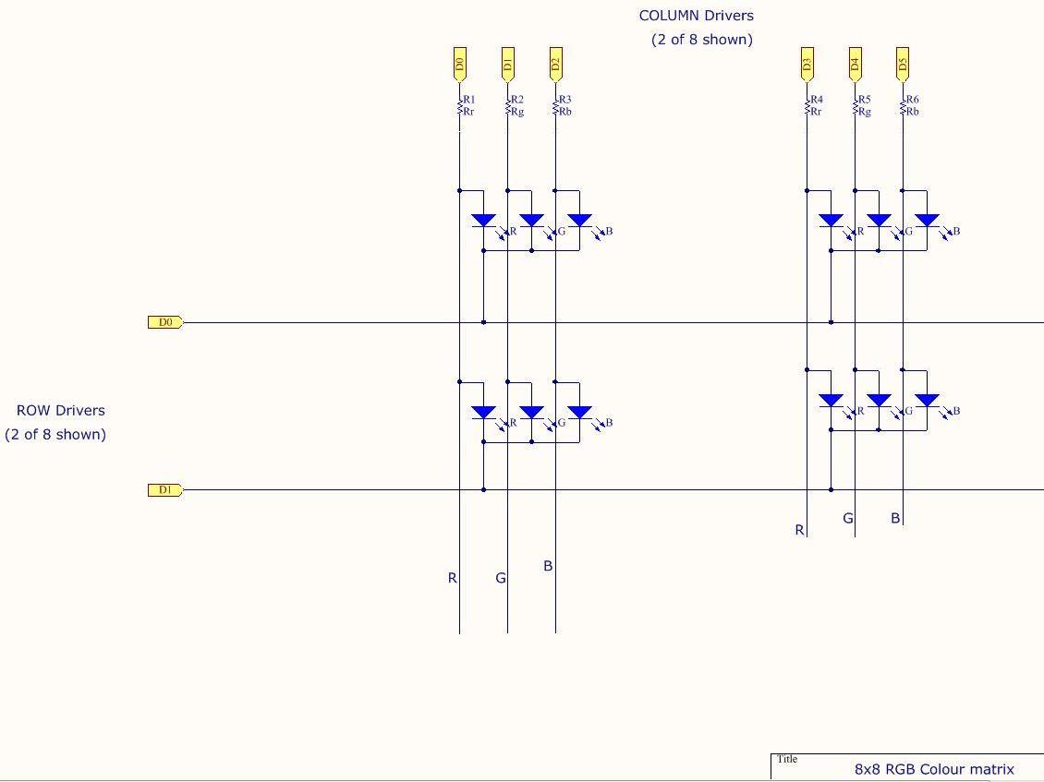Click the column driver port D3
[807, 64]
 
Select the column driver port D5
[903, 64]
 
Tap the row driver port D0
[165, 322]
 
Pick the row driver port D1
[165, 489]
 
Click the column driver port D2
[555, 64]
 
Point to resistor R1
[460, 106]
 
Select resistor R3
[556, 106]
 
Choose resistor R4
[807, 106]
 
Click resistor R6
[904, 106]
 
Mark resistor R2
[508, 106]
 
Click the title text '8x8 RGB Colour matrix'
[934, 769]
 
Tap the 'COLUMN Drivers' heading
[696, 16]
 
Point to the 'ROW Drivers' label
[60, 411]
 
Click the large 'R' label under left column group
[452, 578]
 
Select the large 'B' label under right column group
[894, 519]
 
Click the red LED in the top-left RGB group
[483, 221]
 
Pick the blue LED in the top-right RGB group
[927, 221]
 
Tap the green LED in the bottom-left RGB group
[531, 412]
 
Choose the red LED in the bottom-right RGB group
[831, 401]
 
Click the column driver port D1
[507, 64]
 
